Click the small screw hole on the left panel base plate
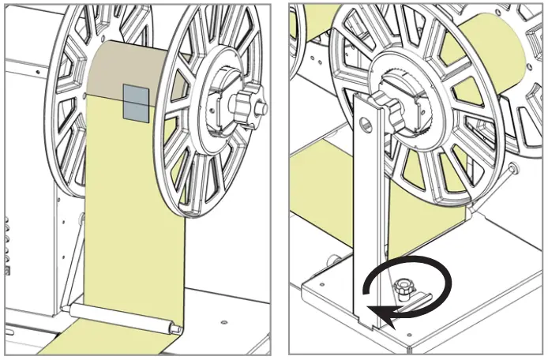point(224,323)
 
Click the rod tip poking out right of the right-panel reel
point(514,167)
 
